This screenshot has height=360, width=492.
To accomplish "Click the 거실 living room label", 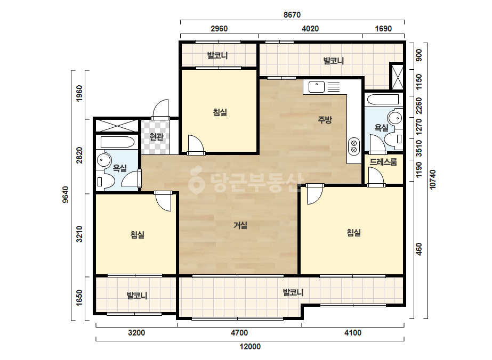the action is tap(240, 225).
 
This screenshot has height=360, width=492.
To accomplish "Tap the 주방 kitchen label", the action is tap(325, 119).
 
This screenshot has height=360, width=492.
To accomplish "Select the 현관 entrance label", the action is tap(156, 137).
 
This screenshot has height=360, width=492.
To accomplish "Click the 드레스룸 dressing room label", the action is tap(383, 162).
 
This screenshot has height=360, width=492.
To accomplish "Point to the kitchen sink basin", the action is tap(317, 87).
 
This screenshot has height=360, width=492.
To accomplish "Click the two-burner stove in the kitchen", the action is tap(354, 146).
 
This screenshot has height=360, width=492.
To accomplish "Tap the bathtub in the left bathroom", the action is tap(117, 142).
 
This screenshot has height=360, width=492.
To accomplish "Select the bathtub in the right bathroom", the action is tap(383, 100).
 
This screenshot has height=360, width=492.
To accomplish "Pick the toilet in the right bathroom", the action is tap(393, 138).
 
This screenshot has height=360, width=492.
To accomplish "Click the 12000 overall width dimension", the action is tap(250, 347).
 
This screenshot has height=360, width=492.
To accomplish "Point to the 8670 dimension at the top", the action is tap(292, 15).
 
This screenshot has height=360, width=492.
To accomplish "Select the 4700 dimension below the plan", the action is tap(239, 332).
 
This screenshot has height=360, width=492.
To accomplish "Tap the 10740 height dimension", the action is tap(433, 179).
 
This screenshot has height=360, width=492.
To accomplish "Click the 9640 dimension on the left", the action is tap(66, 194).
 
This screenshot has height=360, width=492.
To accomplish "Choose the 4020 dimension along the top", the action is tap(310, 29).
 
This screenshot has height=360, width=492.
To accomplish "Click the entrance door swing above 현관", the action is tap(160, 109).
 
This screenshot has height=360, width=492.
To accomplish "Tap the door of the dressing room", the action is tap(376, 176).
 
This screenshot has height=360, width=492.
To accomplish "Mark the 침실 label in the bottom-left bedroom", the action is tap(138, 234).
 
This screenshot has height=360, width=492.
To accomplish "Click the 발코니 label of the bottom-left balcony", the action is tap(137, 296).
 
